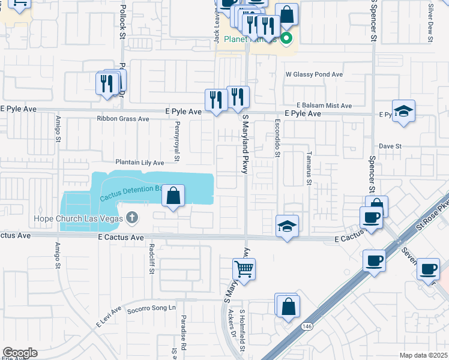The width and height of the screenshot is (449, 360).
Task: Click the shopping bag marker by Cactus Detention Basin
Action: coord(173,196)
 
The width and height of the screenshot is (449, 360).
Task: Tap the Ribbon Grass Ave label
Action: coord(123,119)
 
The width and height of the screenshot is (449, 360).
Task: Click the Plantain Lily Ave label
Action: coord(139,163)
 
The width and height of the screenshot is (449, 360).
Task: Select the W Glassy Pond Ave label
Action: coord(314,75)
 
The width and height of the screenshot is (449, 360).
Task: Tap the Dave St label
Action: coord(390,146)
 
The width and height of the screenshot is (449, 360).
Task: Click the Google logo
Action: coord(20,353)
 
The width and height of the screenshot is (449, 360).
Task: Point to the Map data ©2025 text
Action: coord(423,355)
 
